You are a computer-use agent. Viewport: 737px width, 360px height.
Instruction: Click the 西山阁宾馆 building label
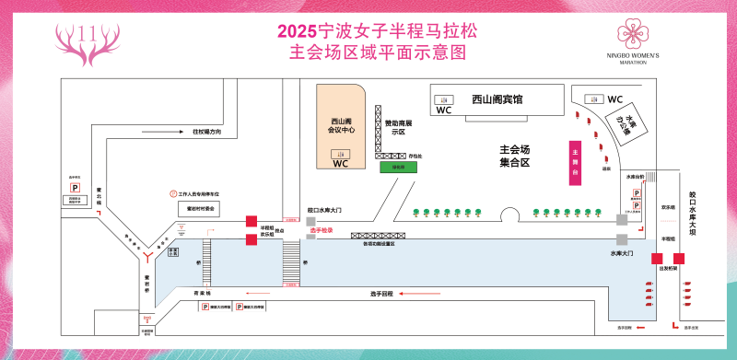[x=497, y=99]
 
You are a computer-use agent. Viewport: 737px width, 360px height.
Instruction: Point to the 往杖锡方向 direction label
[x=207, y=133]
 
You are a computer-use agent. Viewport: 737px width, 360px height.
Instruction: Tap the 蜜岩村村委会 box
[x=201, y=209]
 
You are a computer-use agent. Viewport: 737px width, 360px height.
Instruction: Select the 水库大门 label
[x=624, y=251]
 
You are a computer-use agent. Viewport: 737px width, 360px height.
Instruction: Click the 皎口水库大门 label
[x=324, y=211]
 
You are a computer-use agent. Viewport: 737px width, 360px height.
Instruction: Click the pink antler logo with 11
[x=90, y=40]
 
